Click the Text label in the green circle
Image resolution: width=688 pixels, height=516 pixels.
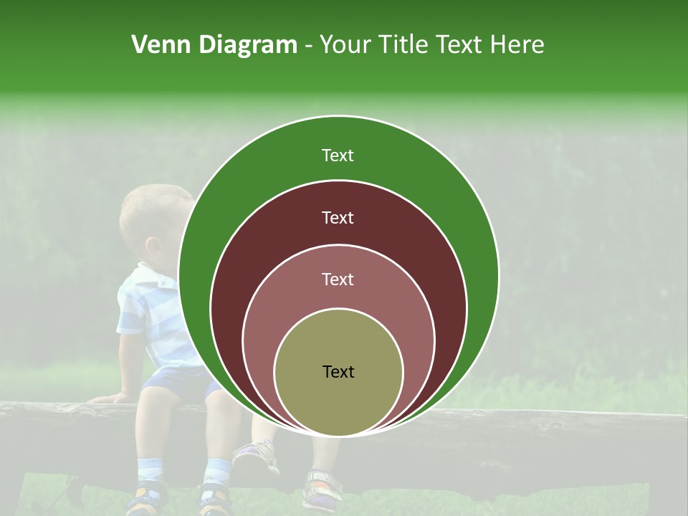pos(338,156)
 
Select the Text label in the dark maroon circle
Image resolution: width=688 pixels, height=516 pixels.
pos(338,218)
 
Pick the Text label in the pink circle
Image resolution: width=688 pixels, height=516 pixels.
pos(338,279)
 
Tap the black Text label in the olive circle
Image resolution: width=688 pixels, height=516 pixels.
pos(338,372)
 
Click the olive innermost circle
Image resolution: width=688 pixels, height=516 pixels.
pos(338,401)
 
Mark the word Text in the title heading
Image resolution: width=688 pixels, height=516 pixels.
pos(460,45)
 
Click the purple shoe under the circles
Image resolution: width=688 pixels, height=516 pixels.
pos(256,456)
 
